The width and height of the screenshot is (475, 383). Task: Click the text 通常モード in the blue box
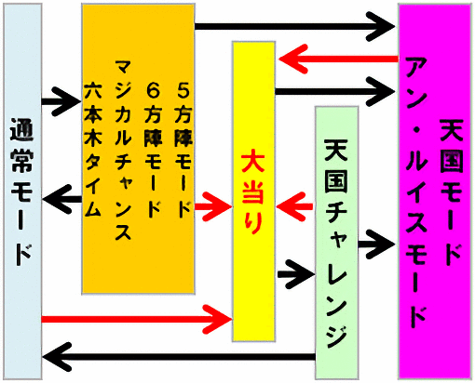pos(21,192)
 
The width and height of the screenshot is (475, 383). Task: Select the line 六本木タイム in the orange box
pos(93,149)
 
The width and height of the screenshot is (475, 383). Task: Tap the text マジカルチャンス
pos(123,150)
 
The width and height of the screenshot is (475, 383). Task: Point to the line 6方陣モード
pos(153,151)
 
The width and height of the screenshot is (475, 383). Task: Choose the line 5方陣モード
pos(183,151)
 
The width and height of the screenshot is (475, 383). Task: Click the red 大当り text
pos(253,191)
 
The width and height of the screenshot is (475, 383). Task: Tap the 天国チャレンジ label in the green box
pos(336,244)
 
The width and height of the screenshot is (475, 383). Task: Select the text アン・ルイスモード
pos(416,192)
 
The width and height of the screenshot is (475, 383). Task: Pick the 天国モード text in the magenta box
pos(452,192)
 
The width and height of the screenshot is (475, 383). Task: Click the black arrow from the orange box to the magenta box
pos(295,26)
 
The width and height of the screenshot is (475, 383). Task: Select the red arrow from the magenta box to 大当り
pos(339,59)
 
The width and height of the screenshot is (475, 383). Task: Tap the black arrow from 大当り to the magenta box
pos(335,91)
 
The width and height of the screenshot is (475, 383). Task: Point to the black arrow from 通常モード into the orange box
pos(61,101)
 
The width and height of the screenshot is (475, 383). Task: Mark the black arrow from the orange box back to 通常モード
pos(62,199)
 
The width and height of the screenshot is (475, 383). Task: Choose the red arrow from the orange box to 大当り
pos(213,206)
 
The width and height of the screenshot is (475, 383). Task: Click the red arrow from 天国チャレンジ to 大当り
pos(295,206)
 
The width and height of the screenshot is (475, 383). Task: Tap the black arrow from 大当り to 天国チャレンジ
pos(296,274)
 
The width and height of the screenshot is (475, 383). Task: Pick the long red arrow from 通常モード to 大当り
pos(137,319)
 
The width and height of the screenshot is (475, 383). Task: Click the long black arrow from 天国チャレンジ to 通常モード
pos(179,357)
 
